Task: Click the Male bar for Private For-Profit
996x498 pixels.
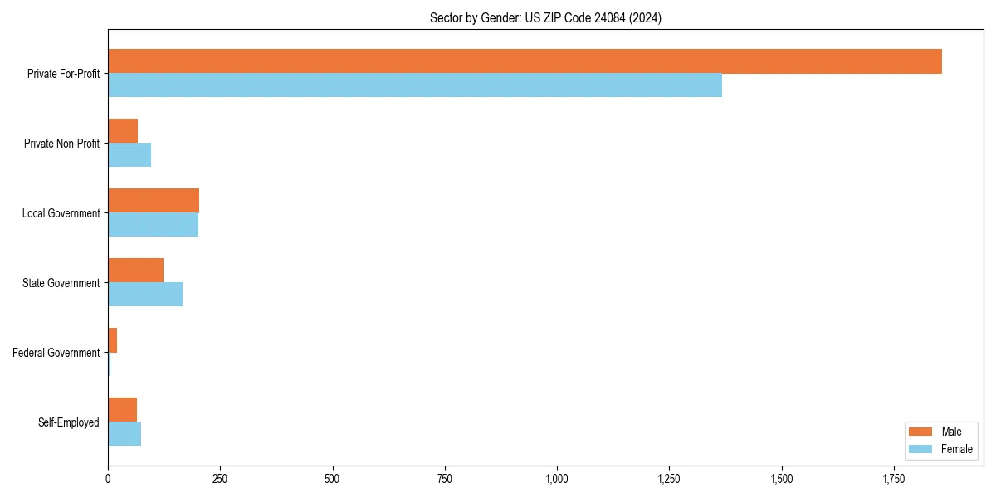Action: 525,61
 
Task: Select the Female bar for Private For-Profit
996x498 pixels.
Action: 415,85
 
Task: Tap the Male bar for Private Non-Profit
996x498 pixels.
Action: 123,131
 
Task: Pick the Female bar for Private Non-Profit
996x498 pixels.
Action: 129,155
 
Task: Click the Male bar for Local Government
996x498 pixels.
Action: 154,201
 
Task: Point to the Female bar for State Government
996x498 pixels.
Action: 145,295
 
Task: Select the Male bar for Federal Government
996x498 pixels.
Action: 113,340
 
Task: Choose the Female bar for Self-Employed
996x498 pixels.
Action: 124,434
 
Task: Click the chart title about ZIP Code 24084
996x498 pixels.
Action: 545,17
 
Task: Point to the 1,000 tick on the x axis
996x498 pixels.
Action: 557,479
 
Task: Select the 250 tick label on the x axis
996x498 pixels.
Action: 220,479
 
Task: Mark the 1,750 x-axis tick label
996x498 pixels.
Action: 894,479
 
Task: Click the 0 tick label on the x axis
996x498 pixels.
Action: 108,479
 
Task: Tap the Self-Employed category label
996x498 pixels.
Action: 69,422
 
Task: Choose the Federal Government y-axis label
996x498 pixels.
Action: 56,353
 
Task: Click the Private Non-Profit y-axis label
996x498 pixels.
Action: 62,144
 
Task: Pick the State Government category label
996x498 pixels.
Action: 61,283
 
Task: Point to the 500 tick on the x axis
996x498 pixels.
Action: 332,479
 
